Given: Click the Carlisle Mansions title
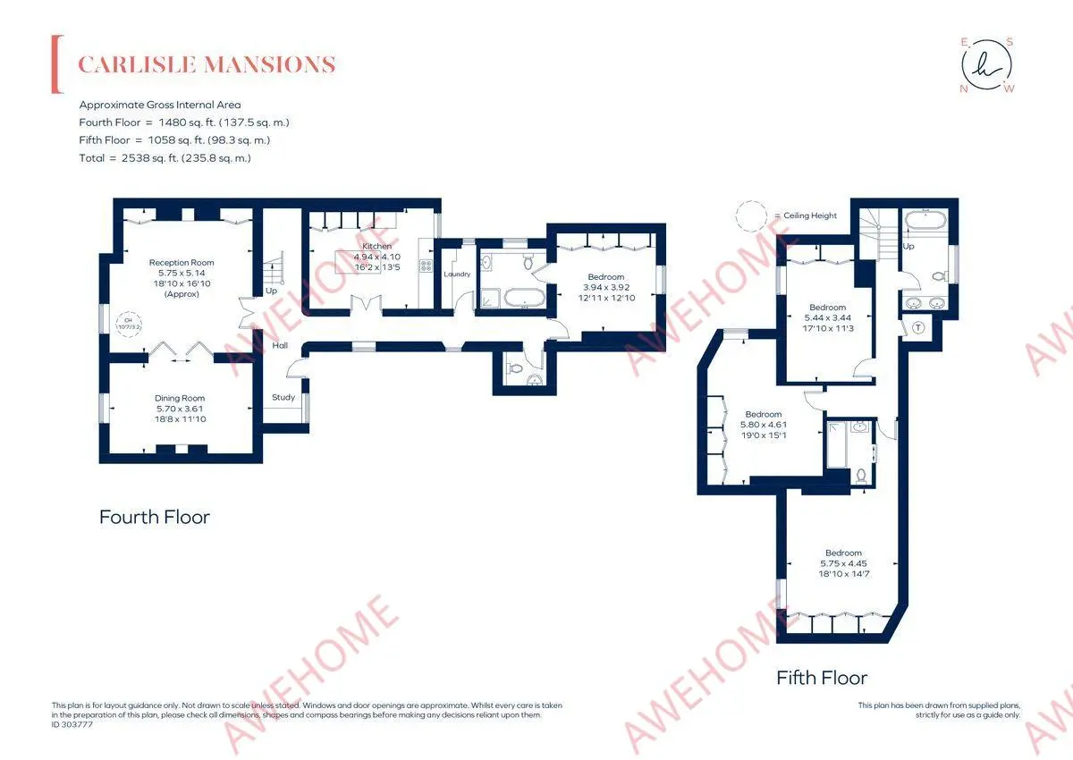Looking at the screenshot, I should coord(207,64).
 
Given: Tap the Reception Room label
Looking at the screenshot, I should coord(182,263).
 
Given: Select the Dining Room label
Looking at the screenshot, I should coord(180,398).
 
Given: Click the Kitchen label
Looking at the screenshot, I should coord(376,246).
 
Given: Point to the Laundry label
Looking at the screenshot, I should coord(457,274).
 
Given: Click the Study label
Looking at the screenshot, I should coord(283,397).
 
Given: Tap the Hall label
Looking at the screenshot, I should coord(280,345).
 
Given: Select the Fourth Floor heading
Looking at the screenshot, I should coord(154,517).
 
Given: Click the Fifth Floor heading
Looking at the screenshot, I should coord(821,678).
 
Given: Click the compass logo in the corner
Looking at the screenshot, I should coord(988,64).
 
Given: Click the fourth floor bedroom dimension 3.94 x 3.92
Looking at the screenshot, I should coord(605,287).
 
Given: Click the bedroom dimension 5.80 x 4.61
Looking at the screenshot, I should coord(764,425).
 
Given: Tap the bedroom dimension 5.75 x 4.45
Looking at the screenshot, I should coord(843,563).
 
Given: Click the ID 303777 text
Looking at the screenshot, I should coord(72,724).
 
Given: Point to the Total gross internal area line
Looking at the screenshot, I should coord(165,158).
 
